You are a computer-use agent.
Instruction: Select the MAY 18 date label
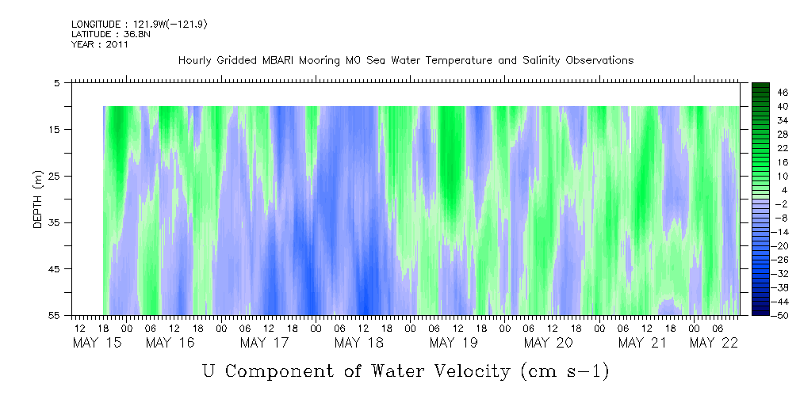(x=358, y=343)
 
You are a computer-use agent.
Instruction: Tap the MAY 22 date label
(x=714, y=343)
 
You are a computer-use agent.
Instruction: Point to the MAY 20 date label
(x=548, y=343)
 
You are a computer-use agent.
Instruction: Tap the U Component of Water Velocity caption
(x=405, y=370)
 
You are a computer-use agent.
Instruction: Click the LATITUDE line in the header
(x=109, y=34)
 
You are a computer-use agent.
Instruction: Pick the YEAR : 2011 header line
(x=100, y=44)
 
